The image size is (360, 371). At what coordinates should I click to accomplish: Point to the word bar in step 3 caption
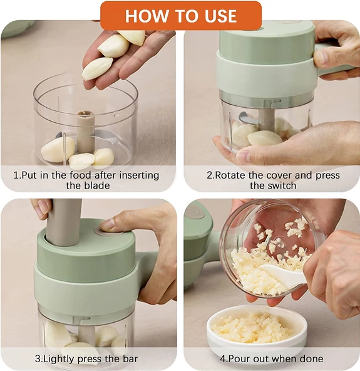pos(130,358)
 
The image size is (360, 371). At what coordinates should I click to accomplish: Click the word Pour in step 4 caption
pos(239,358)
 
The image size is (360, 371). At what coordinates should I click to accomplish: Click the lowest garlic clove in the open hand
pos(97,68)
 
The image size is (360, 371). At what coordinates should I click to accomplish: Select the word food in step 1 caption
pos(80,175)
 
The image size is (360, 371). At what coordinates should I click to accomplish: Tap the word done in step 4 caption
pos(312,358)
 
